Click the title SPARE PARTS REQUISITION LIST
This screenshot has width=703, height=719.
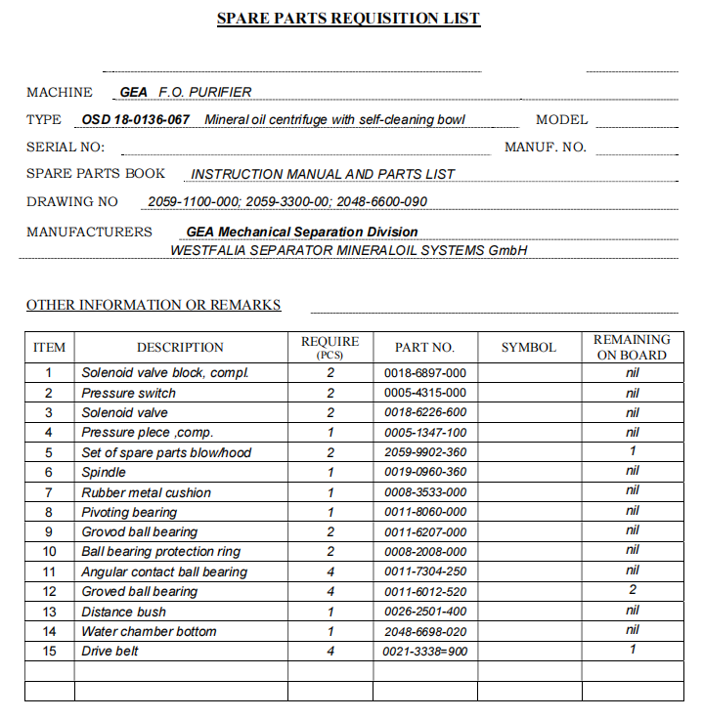point(348,19)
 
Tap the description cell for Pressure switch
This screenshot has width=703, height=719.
point(129,393)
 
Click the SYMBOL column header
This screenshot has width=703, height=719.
point(528,347)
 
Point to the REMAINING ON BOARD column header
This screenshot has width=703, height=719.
point(632,347)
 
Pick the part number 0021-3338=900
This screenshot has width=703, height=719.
point(424,651)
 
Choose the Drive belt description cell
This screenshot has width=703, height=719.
point(110,651)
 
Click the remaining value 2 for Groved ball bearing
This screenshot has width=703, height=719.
point(633,591)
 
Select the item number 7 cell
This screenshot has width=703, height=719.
point(49,492)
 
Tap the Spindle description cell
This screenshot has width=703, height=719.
point(104,472)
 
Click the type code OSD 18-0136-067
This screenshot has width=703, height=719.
point(136,120)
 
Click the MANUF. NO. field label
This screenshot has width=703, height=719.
point(545,148)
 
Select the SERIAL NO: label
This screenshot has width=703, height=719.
point(66,148)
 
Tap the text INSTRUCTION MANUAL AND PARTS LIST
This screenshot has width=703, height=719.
point(323,174)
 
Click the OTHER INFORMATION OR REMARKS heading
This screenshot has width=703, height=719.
point(154,305)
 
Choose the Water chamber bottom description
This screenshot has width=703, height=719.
point(149,631)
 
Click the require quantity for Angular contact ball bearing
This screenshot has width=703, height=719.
point(330,571)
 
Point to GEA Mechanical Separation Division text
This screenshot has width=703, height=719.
point(302,233)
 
